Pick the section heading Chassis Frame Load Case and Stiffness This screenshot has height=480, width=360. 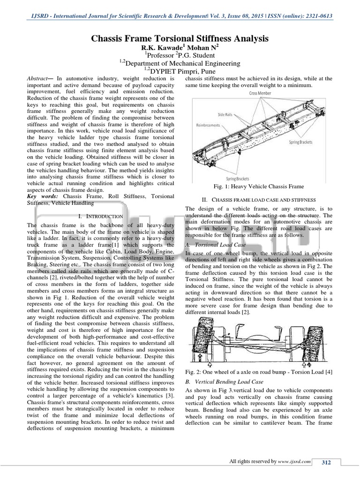pyautogui.click(x=264, y=201)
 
